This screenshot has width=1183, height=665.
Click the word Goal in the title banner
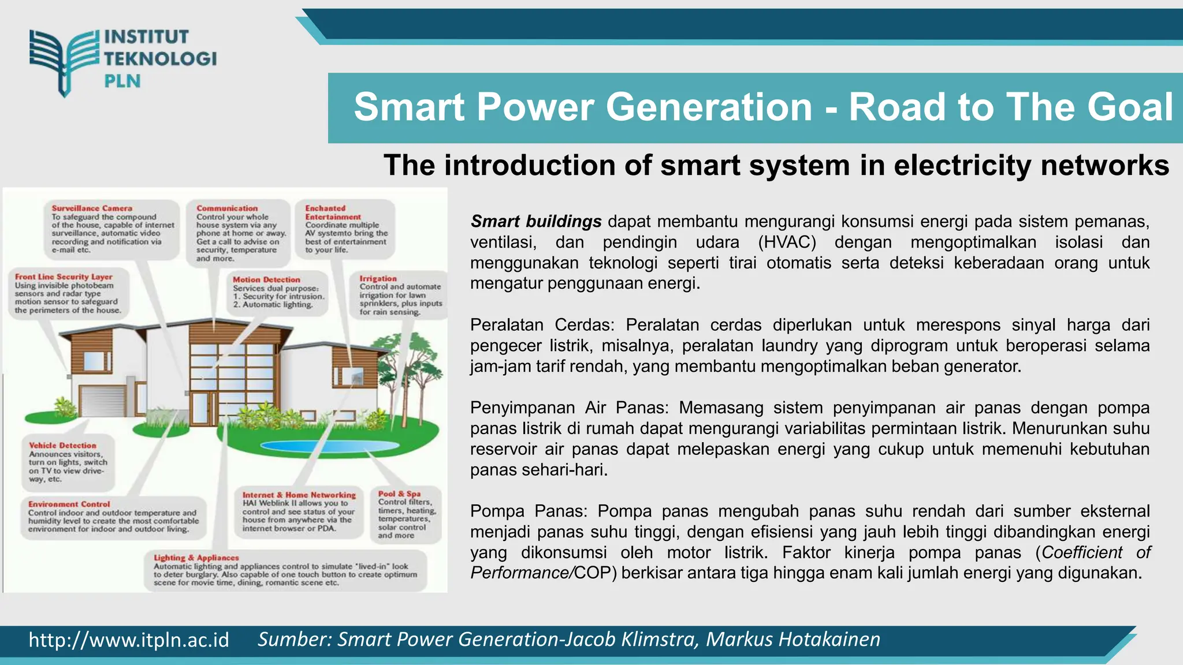click(1130, 107)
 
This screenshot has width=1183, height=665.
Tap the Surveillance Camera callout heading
click(92, 208)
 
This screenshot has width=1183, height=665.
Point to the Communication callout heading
click(227, 208)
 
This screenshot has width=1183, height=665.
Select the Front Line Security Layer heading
click(64, 277)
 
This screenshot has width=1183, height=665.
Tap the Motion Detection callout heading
click(266, 279)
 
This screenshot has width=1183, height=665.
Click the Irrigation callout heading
click(378, 278)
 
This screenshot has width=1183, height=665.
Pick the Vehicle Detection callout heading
click(62, 446)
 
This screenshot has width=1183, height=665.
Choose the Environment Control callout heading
click(69, 504)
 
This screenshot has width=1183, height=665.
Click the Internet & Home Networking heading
click(299, 495)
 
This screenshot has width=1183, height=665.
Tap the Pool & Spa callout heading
click(399, 494)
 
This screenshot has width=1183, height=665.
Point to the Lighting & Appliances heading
click(196, 558)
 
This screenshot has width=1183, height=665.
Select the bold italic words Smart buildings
click(535, 222)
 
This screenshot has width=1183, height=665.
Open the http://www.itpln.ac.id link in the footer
click(129, 640)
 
